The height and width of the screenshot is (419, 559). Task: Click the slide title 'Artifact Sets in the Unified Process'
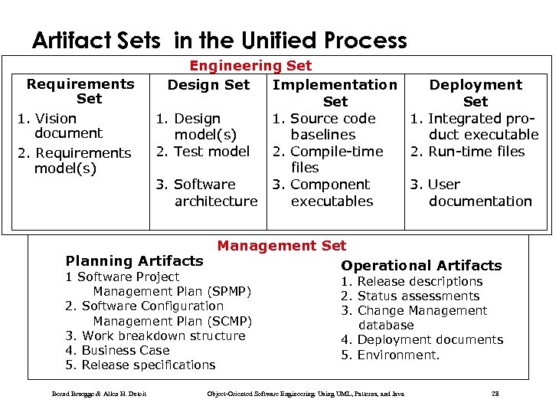(219, 40)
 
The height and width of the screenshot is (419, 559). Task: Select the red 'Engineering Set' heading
(250, 67)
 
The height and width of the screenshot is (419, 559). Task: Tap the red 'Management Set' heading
(281, 246)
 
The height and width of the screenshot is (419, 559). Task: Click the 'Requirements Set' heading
(80, 91)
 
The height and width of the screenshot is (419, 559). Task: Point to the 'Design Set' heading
(208, 84)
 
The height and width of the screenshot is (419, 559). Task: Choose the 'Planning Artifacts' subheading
(134, 261)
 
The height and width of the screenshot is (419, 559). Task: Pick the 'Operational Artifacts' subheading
(421, 266)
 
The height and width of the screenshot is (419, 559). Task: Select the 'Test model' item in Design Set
(202, 152)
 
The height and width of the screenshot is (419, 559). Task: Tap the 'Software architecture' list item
(207, 192)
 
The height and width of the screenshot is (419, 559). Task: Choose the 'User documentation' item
(472, 192)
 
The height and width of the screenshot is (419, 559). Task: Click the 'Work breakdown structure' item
(155, 336)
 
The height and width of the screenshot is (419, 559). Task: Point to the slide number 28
(495, 394)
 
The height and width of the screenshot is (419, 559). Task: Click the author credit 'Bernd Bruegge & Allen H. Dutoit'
(99, 394)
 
